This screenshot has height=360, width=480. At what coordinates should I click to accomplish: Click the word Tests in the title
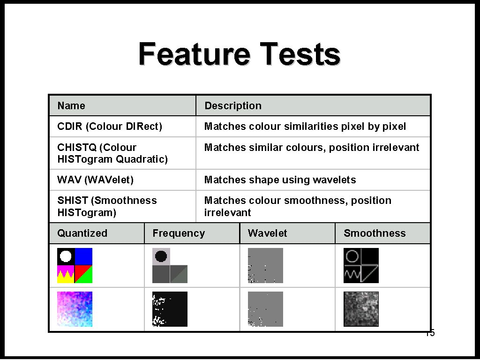click(x=300, y=54)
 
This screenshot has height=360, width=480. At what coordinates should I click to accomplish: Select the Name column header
click(x=71, y=105)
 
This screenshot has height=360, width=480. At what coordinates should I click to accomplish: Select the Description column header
click(x=233, y=105)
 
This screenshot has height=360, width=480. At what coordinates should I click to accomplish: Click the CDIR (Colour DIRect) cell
click(x=110, y=126)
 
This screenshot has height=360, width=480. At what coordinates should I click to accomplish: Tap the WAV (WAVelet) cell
click(x=95, y=180)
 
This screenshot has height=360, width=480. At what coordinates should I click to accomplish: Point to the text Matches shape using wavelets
click(x=280, y=180)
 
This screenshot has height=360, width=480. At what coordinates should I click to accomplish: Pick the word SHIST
click(x=73, y=200)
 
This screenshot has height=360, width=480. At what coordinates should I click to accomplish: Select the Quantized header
click(x=82, y=233)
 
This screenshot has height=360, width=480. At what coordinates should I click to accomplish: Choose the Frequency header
click(x=179, y=233)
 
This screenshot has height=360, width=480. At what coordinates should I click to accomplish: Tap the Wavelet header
click(x=267, y=233)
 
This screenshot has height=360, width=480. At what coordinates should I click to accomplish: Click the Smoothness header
click(x=375, y=233)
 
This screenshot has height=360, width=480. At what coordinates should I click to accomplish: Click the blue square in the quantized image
click(x=83, y=256)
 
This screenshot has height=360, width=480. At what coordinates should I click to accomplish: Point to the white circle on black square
click(x=66, y=256)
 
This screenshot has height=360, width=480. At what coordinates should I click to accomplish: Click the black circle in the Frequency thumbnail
click(x=161, y=256)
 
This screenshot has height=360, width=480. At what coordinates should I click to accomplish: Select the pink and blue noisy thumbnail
click(x=75, y=309)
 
